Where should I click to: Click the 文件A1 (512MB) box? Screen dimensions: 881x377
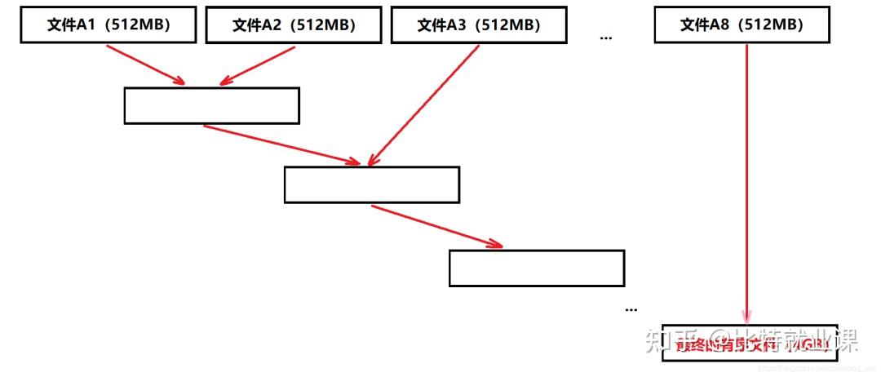coord(108,25)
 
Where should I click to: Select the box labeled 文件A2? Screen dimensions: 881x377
coord(294,25)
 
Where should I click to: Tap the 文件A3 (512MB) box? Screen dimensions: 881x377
coord(479,25)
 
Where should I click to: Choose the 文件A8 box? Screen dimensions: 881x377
coord(742,25)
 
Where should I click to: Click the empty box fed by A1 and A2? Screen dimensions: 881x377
coord(211,105)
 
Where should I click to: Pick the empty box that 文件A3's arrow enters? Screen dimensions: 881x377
coord(371,184)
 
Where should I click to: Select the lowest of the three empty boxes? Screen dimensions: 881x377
coord(537,268)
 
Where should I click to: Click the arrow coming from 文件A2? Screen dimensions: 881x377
coord(257,64)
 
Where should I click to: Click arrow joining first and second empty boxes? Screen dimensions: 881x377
coord(281,144)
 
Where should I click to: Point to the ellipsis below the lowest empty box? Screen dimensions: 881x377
coord(631,309)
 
